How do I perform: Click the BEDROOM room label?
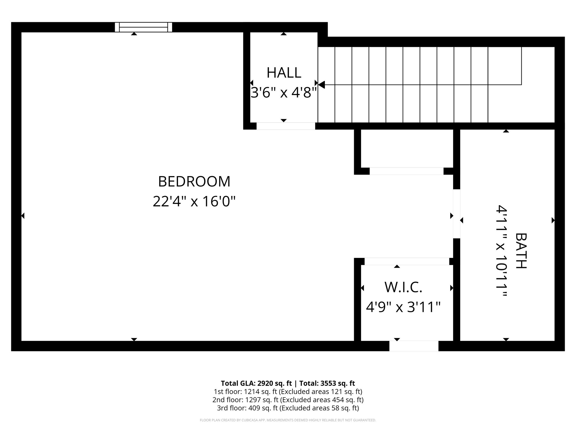click(194, 181)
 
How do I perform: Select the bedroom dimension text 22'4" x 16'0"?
click(194, 201)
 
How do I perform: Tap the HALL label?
click(284, 73)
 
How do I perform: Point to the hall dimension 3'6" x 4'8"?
click(284, 93)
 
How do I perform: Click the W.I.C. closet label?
click(403, 287)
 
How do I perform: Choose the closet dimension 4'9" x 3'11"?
click(403, 307)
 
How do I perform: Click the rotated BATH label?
click(521, 251)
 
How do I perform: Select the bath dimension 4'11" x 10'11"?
click(501, 251)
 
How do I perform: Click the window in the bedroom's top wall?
click(143, 27)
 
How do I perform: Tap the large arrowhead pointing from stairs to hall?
click(321, 84)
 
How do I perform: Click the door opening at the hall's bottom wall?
click(285, 126)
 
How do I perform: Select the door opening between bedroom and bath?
click(456, 214)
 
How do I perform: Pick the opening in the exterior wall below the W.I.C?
click(414, 346)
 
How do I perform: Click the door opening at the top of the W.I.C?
click(407, 261)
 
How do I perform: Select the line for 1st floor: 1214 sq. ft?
click(288, 391)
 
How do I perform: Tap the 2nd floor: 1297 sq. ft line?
click(288, 400)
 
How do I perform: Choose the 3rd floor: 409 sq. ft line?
click(288, 408)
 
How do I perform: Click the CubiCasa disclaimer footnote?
click(288, 420)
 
